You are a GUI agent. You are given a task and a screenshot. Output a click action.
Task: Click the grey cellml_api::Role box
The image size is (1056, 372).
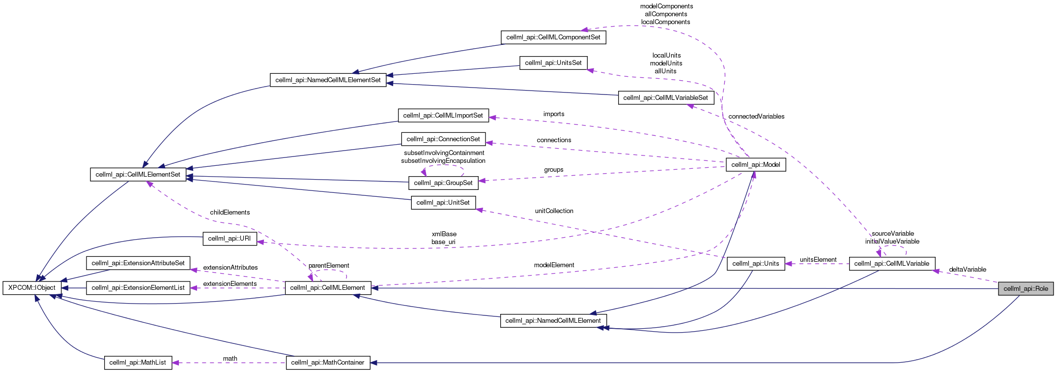pyautogui.click(x=1026, y=289)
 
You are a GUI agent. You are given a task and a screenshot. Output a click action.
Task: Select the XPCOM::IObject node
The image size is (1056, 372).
pyautogui.click(x=32, y=288)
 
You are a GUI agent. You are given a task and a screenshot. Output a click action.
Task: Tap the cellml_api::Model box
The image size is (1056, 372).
pyautogui.click(x=755, y=165)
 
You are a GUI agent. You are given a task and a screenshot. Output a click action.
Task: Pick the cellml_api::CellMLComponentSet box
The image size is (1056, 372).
pyautogui.click(x=553, y=37)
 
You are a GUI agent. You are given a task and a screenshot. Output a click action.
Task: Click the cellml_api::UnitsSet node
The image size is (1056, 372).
pyautogui.click(x=553, y=63)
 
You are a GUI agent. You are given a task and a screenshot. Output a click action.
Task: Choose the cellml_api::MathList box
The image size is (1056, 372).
pyautogui.click(x=138, y=363)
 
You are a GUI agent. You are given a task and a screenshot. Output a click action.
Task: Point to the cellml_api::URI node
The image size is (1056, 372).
pyautogui.click(x=229, y=239)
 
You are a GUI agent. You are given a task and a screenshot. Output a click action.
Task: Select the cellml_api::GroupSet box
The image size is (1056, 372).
pyautogui.click(x=443, y=183)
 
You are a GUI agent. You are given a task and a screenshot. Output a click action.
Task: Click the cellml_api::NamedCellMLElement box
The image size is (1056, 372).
pyautogui.click(x=553, y=321)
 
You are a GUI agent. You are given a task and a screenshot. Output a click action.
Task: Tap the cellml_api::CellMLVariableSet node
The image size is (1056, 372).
pyautogui.click(x=666, y=98)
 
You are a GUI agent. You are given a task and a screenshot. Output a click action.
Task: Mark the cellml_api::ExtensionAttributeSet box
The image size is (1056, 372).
pyautogui.click(x=138, y=263)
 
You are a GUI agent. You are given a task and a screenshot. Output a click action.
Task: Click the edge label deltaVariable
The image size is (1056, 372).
pyautogui.click(x=967, y=270)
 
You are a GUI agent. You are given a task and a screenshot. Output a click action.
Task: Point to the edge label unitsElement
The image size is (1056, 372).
pyautogui.click(x=818, y=260)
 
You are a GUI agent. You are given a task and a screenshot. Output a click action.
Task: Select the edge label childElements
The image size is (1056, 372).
pyautogui.click(x=229, y=213)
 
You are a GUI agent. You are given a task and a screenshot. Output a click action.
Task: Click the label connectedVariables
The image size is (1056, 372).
pyautogui.click(x=756, y=117)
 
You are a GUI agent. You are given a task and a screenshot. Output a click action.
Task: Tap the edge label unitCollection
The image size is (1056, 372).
pyautogui.click(x=554, y=211)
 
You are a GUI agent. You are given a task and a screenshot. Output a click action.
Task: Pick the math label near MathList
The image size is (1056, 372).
pyautogui.click(x=229, y=359)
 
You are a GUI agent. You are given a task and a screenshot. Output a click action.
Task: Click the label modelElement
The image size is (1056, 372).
pyautogui.click(x=554, y=265)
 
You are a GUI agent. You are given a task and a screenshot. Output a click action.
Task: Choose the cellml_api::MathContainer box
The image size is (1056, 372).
pyautogui.click(x=328, y=363)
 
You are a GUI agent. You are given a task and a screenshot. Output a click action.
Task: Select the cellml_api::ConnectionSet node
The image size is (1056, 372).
pyautogui.click(x=443, y=139)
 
